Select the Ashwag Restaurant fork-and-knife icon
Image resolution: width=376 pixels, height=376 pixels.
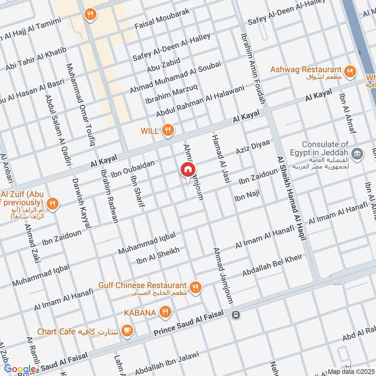tap(349, 71)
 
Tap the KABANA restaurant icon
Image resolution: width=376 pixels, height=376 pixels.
tap(164, 311)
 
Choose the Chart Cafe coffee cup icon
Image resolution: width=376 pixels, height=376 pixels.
tap(126, 331)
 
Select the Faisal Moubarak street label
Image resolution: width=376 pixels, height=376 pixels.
tap(162, 18)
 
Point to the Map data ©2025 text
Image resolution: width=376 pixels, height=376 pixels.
tap(350, 371)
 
